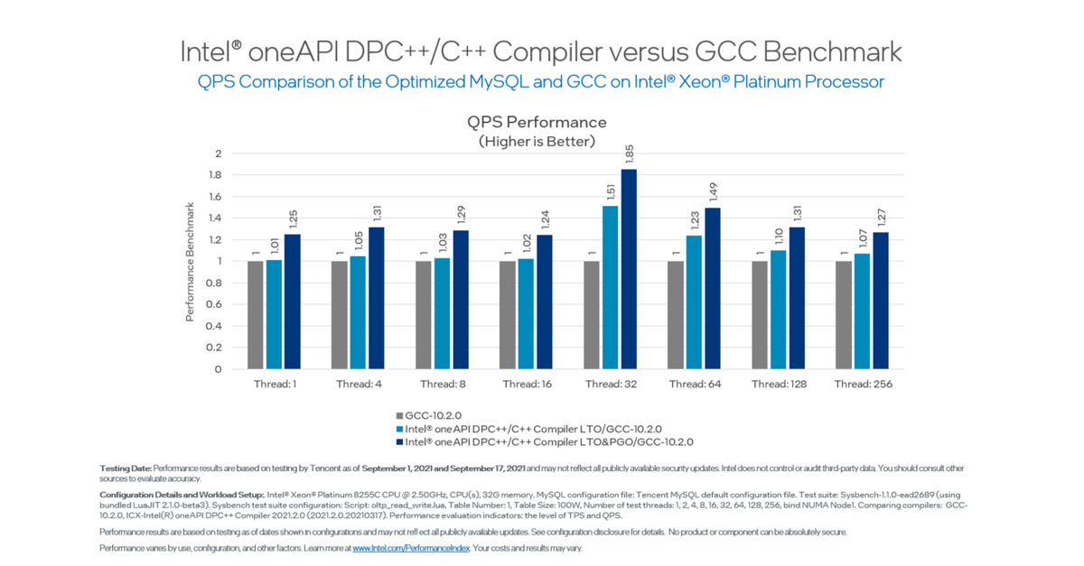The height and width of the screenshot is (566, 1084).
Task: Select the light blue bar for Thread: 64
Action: tap(694, 302)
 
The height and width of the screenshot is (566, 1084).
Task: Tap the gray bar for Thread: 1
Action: tap(256, 315)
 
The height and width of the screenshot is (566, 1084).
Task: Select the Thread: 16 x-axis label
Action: tap(526, 384)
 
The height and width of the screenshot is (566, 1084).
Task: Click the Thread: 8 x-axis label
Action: tap(443, 384)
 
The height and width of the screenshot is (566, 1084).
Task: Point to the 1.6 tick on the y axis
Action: tap(214, 197)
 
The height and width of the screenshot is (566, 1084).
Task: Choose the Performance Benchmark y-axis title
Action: tap(190, 262)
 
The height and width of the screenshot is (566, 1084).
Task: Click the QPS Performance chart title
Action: tap(537, 122)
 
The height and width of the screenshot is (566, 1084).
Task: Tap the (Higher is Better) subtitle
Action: tap(537, 141)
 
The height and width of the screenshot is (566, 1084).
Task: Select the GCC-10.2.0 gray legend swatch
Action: tap(398, 415)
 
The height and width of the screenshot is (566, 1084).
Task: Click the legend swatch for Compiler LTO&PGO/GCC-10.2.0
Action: tap(398, 441)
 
